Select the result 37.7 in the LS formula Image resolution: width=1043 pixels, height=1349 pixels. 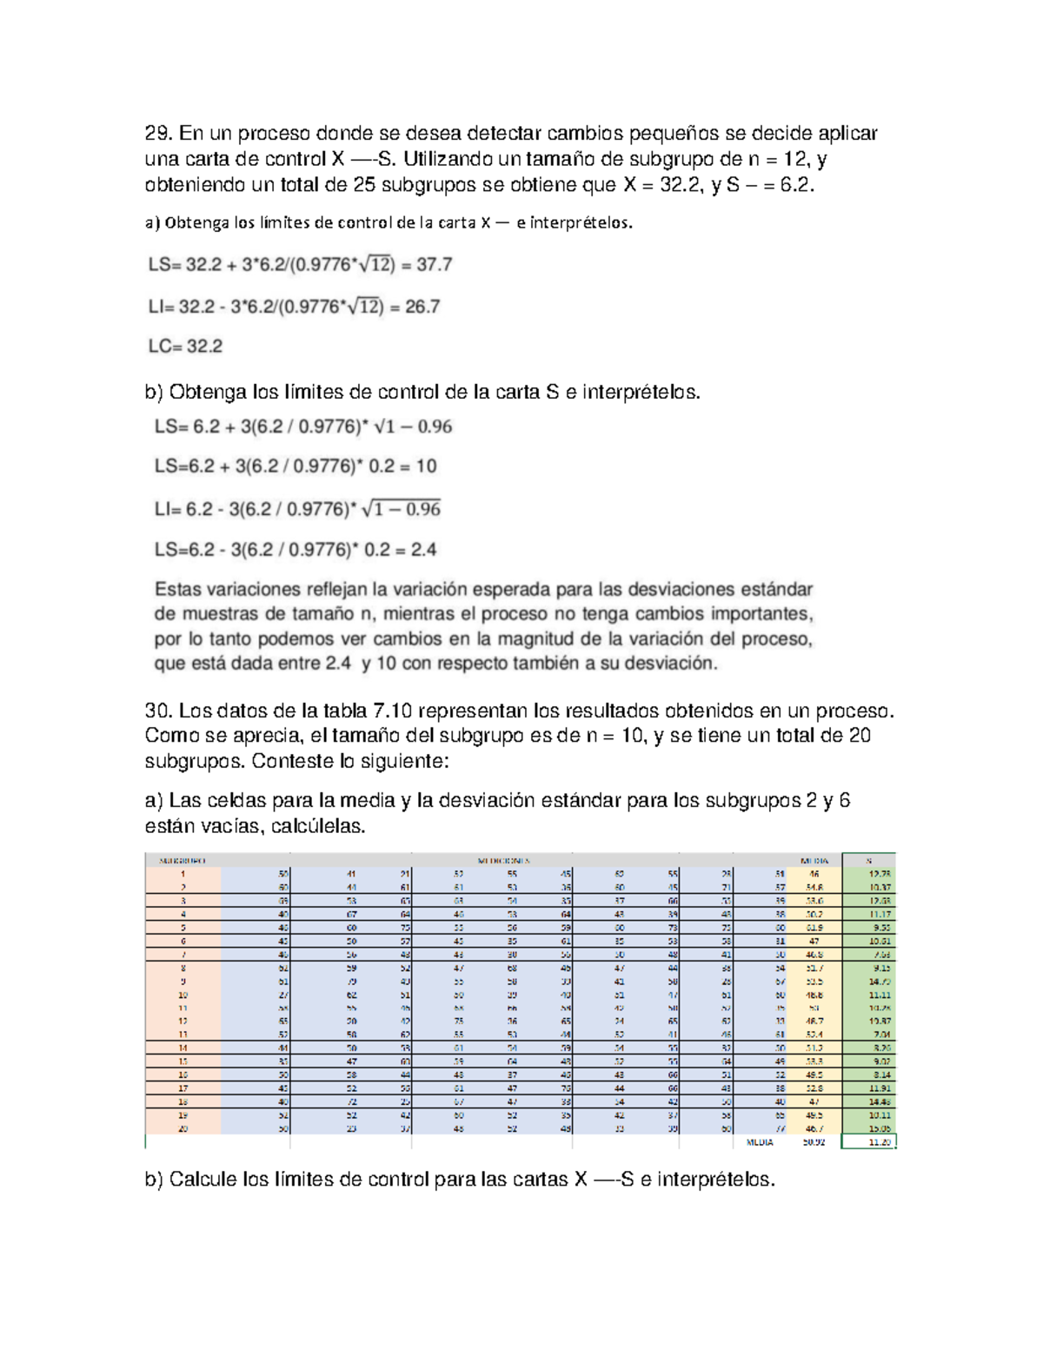434,265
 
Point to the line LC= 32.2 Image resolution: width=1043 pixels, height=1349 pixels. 185,347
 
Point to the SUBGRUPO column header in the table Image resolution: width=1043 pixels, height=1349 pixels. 183,861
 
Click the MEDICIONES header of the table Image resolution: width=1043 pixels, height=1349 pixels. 503,861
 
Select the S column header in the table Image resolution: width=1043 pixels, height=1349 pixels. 868,861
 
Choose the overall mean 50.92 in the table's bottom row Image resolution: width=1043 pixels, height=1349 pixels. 814,1142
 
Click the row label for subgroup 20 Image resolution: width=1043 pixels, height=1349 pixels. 183,1128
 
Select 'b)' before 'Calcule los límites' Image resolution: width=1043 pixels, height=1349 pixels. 154,1180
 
